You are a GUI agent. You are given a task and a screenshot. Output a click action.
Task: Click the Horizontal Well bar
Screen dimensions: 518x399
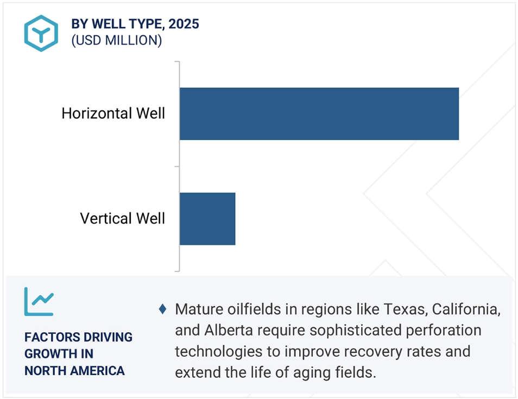[x=319, y=113]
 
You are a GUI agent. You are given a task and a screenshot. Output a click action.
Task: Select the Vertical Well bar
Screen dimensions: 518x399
[x=207, y=219]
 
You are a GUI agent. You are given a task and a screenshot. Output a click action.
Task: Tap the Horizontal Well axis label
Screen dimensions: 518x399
[x=113, y=113]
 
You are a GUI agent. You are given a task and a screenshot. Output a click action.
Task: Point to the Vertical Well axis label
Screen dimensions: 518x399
[x=122, y=218]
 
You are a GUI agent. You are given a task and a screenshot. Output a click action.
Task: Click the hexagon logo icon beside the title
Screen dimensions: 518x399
[x=41, y=33]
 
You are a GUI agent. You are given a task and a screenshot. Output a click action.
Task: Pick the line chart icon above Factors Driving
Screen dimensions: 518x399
[x=39, y=302]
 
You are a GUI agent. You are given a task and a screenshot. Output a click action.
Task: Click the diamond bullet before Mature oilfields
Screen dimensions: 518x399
[x=162, y=309]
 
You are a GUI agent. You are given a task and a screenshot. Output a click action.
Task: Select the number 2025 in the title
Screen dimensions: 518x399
[x=184, y=24]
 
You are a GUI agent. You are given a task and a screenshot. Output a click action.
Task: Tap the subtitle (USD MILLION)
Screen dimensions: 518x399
[x=117, y=40]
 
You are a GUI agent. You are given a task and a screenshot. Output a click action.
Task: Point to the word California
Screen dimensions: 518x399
[x=466, y=309]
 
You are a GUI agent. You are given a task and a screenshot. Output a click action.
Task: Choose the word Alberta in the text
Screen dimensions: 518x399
[x=229, y=330]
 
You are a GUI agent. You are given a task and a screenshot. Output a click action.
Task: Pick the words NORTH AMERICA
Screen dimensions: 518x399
[x=75, y=371]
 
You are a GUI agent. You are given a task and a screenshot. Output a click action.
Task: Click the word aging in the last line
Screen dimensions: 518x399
[x=312, y=373]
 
